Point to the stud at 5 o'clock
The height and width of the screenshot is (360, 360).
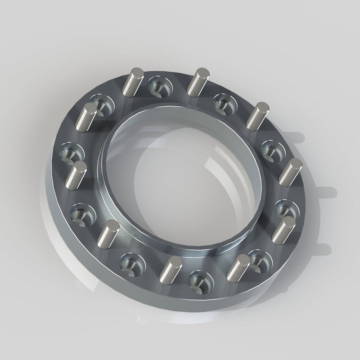coord(238,267)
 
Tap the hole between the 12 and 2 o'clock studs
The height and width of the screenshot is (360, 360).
coord(226,103)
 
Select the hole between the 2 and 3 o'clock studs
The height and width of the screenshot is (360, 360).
coord(272,150)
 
